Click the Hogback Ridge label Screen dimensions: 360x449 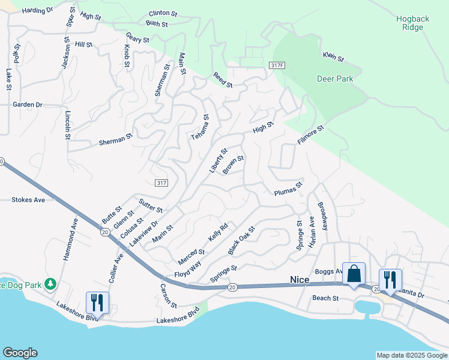click(412, 23)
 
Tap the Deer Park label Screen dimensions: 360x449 click(335, 79)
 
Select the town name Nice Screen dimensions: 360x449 click(300, 279)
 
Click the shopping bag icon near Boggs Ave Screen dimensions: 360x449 click(354, 274)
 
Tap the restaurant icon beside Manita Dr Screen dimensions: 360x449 click(390, 280)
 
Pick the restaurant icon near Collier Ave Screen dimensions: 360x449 click(97, 302)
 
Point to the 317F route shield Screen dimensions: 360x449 click(277, 65)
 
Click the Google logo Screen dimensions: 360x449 click(20, 353)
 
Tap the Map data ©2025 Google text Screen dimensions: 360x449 click(412, 355)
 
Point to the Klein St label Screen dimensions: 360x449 click(333, 57)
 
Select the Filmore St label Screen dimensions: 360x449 click(310, 135)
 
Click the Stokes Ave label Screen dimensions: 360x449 click(28, 200)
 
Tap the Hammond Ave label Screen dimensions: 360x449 click(68, 238)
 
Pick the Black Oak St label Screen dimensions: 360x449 click(241, 239)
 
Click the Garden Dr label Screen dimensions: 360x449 click(28, 104)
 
